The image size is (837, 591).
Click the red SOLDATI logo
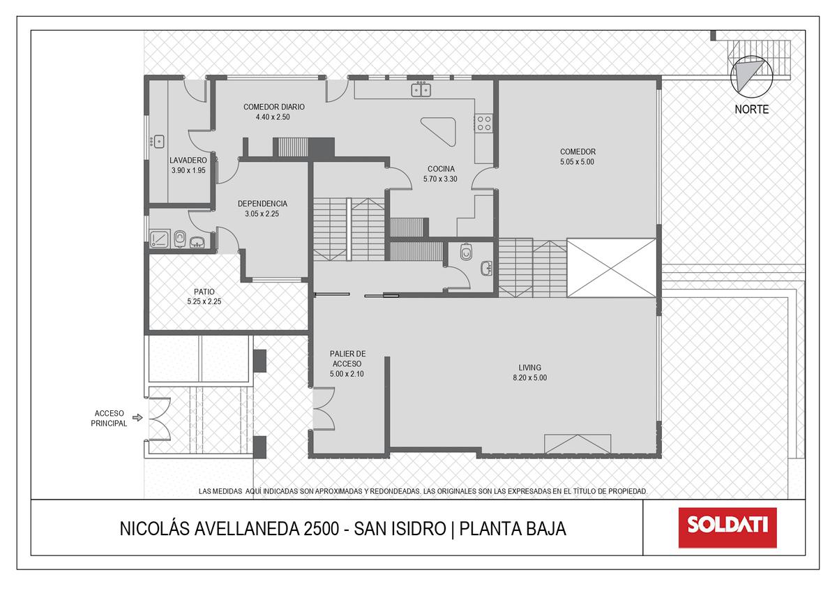[x=727, y=528]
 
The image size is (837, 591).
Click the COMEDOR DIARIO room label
[x=274, y=107]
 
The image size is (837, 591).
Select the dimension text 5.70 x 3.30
[x=440, y=179]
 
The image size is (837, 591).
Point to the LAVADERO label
[x=188, y=160]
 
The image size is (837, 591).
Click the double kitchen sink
[x=421, y=90]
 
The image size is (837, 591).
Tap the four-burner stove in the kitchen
[x=484, y=124]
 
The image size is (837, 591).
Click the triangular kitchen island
[x=440, y=131]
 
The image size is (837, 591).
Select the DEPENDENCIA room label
[x=262, y=204]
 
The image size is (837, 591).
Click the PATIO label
[x=204, y=292]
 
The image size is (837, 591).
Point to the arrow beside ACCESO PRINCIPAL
[x=138, y=417]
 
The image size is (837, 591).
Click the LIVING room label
[x=529, y=368]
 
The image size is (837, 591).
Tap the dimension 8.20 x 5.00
[x=529, y=377]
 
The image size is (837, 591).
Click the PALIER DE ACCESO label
[x=347, y=359]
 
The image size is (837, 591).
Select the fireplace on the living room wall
[x=578, y=444]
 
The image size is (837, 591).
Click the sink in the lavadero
[x=159, y=142]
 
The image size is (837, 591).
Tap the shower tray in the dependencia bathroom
[x=160, y=239]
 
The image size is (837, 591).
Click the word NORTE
[x=751, y=110]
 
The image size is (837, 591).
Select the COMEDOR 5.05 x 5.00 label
[x=578, y=156]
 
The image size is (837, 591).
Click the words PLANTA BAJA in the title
[x=512, y=529]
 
